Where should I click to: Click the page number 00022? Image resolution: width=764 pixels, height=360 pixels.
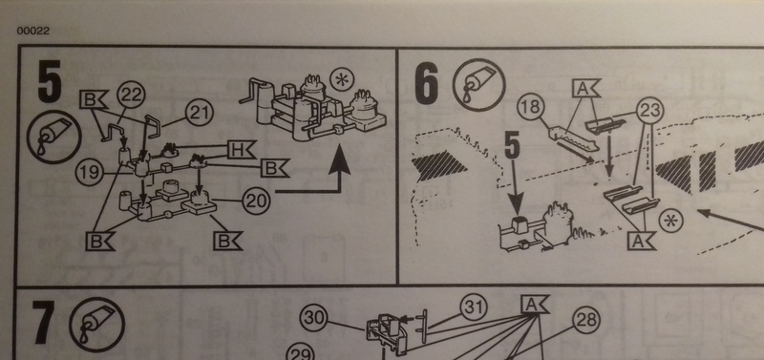tap(33, 31)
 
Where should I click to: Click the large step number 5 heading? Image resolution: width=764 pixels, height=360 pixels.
tap(50, 81)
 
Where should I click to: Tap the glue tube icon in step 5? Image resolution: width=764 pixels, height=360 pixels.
tap(54, 137)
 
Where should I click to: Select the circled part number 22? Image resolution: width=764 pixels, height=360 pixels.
tap(130, 94)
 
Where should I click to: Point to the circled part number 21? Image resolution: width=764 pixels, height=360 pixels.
tap(200, 114)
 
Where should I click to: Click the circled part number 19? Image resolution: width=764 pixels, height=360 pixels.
tap(90, 173)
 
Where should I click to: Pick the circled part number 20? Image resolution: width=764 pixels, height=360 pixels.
tap(255, 201)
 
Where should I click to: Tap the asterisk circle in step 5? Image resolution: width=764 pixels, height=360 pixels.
tap(344, 79)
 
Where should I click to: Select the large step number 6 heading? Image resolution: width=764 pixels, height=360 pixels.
tap(426, 82)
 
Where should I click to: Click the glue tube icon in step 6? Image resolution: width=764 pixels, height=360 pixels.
tap(479, 87)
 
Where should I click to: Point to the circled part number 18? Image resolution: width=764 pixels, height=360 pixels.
tap(530, 107)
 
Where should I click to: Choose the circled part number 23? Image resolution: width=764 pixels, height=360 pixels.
tap(650, 111)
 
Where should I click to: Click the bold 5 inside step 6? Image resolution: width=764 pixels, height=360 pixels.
tap(512, 145)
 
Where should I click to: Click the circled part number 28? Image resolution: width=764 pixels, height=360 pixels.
tap(585, 320)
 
